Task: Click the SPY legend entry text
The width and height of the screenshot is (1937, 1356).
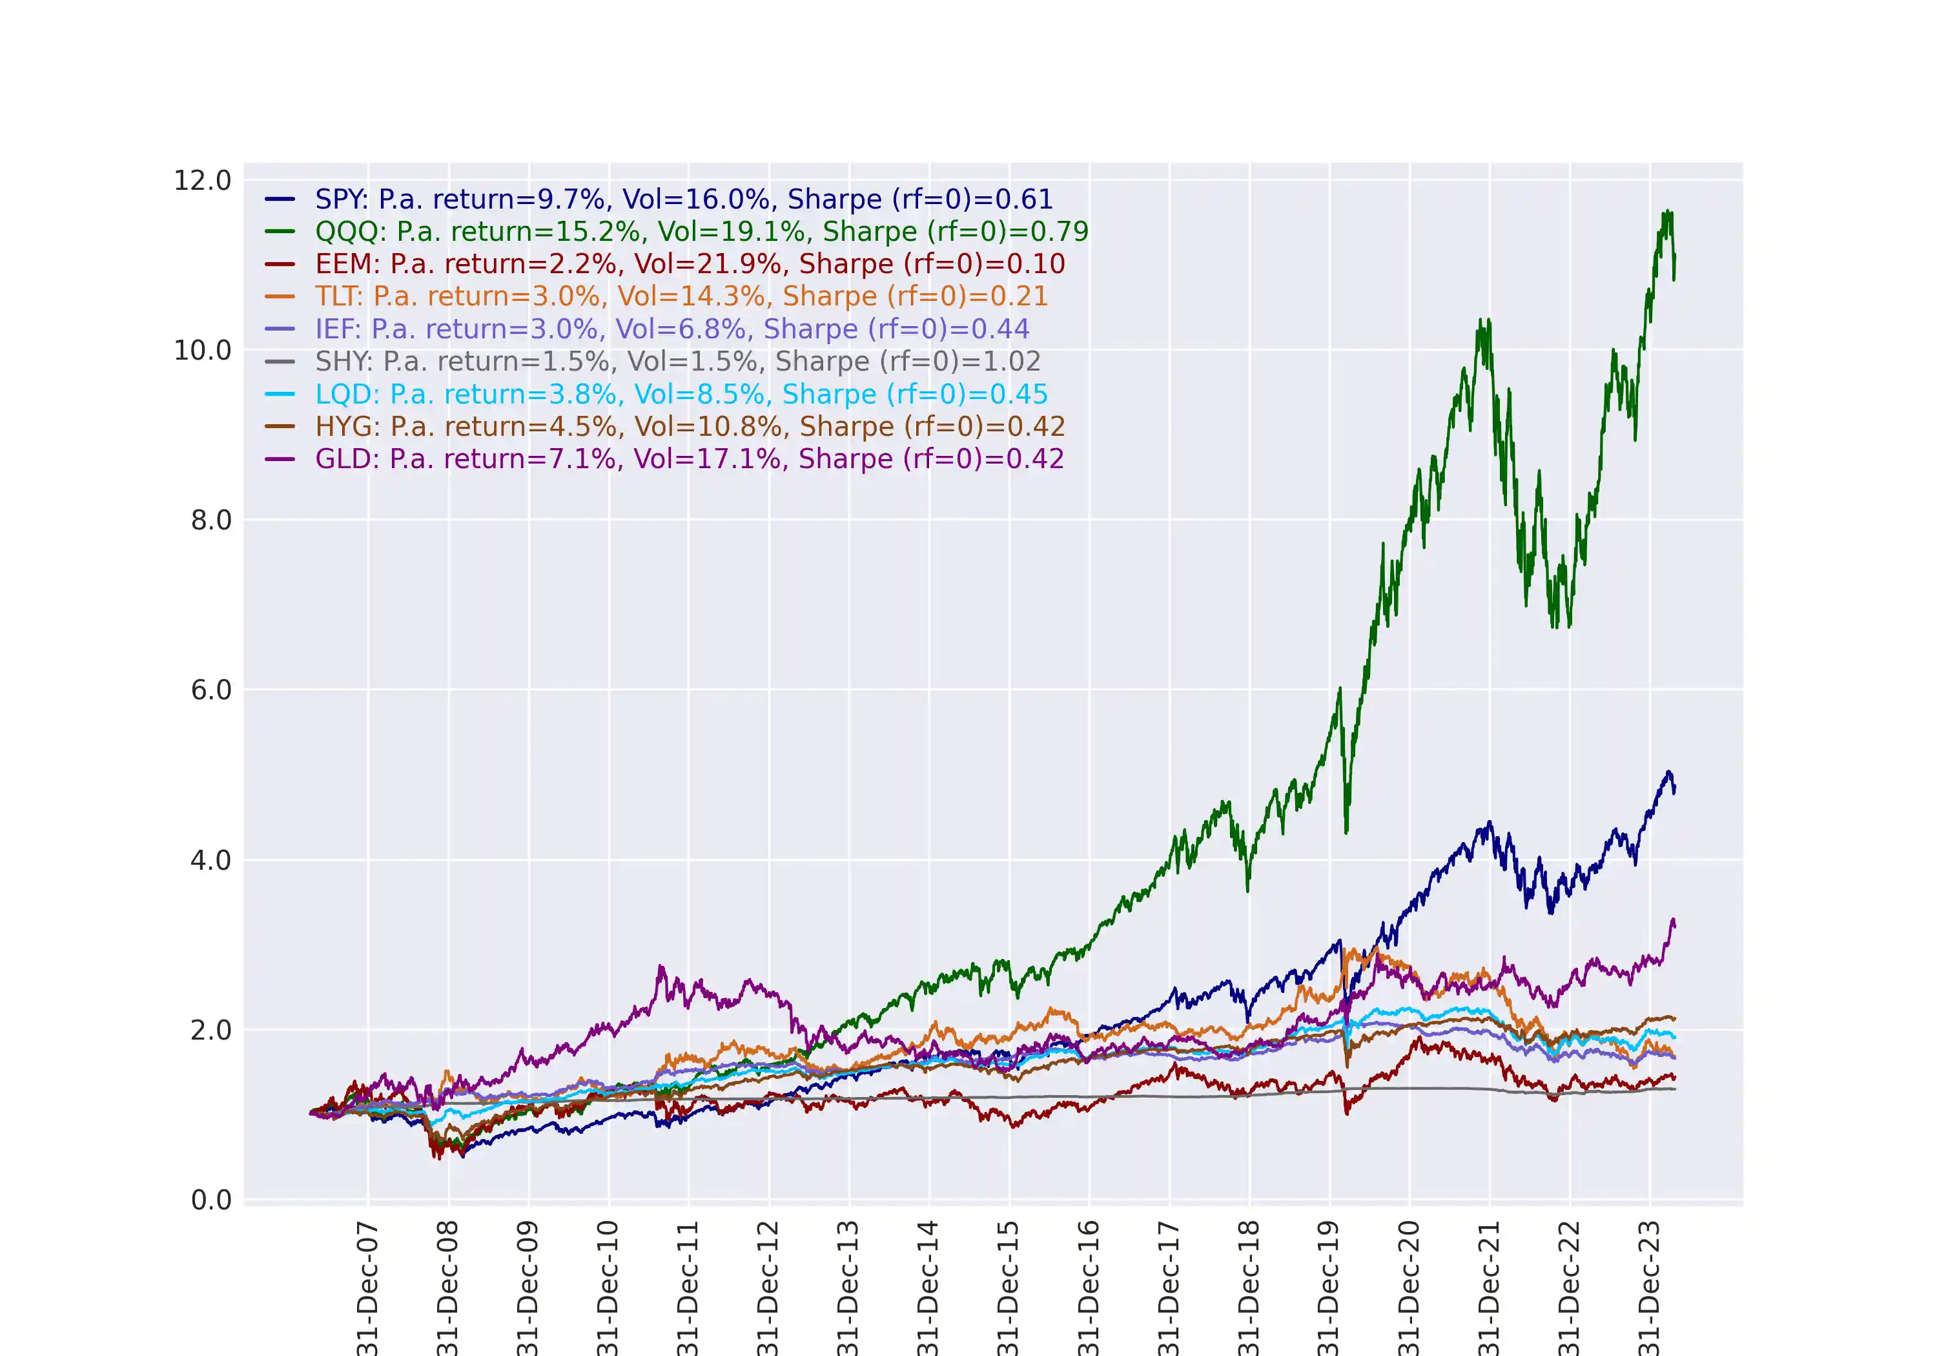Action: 683,199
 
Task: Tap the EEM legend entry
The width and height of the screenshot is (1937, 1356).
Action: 690,264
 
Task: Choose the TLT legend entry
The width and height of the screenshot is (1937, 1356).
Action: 681,296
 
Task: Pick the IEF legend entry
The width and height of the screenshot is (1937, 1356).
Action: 671,329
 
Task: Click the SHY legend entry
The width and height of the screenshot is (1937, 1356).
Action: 677,361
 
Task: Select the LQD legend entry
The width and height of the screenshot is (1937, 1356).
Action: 681,394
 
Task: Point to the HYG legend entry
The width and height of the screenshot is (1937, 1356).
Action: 690,426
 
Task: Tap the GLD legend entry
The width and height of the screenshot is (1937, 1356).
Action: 690,459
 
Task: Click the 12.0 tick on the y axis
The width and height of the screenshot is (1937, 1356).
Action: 203,181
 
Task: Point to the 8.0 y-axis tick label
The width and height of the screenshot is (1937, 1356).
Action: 211,520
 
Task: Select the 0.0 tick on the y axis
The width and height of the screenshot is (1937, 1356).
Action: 211,1200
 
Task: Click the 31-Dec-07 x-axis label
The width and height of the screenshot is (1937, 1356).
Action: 367,1287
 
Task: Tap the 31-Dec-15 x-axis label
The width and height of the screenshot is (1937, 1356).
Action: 1008,1287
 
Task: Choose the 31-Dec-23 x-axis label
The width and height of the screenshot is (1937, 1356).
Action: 1648,1287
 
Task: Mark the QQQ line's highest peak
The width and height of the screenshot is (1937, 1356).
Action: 1668,212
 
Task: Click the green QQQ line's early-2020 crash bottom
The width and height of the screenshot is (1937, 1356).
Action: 1346,832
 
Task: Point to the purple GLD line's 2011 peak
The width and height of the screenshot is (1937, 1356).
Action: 661,967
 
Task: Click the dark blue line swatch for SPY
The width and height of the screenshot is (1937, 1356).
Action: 279,199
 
